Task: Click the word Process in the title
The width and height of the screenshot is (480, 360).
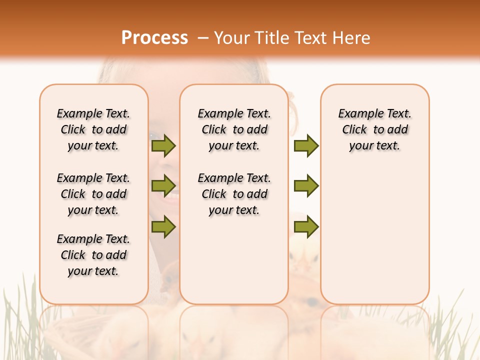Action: pos(154,38)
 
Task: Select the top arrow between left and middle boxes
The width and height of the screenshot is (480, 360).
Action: pos(163,146)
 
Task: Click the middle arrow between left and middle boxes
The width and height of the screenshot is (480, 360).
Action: pos(163,186)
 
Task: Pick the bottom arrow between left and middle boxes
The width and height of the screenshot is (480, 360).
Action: pos(163,226)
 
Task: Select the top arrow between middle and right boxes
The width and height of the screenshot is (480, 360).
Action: pos(306,146)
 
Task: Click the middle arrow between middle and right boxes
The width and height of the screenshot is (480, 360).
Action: pos(306,186)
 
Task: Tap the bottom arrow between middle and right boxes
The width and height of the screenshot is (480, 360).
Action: pos(306,226)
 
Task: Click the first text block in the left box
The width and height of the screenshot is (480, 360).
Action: pos(93,129)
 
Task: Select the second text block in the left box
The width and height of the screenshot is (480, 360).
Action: pos(93,194)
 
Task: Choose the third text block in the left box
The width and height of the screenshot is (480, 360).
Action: pos(93,255)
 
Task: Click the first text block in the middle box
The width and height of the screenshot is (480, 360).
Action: pos(234,129)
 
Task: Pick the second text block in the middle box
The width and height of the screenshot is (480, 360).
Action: pos(234,194)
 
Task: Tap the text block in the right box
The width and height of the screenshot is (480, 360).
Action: pos(374,129)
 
